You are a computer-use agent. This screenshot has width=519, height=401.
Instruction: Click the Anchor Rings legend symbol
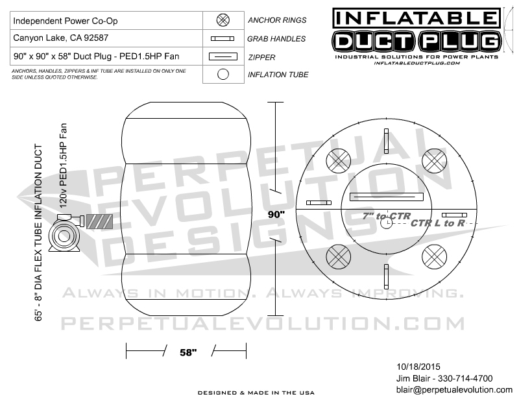[x=223, y=20]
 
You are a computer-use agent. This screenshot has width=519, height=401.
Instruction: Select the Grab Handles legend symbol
[x=223, y=38]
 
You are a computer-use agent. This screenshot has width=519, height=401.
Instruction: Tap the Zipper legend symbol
[x=223, y=56]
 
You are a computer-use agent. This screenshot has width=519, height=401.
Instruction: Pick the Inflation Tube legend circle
[x=223, y=74]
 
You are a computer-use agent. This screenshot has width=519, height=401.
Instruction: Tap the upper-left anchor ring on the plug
[x=339, y=160]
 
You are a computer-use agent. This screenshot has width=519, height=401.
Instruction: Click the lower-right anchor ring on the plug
[x=434, y=256]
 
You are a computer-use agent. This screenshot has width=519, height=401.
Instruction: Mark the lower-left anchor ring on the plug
[x=339, y=256]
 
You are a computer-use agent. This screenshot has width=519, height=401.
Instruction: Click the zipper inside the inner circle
[x=386, y=197]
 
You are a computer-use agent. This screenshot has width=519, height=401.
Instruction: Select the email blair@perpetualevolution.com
[x=453, y=389]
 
